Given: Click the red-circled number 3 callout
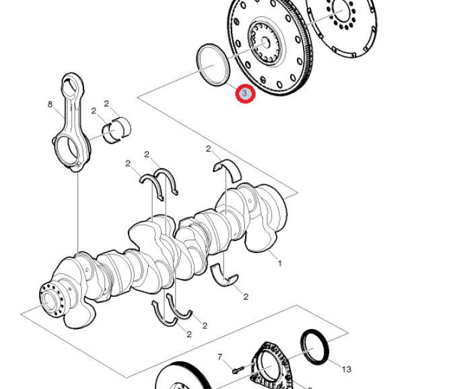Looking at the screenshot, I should pyautogui.click(x=245, y=94).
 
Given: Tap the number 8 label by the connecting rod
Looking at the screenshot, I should pyautogui.click(x=50, y=104).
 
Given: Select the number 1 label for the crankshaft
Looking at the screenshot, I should pyautogui.click(x=280, y=263).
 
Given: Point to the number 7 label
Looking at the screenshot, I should pyautogui.click(x=219, y=357).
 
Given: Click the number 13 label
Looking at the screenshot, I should pyautogui.click(x=346, y=369).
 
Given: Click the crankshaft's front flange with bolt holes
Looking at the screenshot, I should pyautogui.click(x=49, y=297).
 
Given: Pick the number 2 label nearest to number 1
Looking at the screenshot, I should pyautogui.click(x=246, y=297).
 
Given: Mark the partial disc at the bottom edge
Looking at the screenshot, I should pyautogui.click(x=178, y=378).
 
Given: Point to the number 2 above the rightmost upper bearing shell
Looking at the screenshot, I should pyautogui.click(x=208, y=149).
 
